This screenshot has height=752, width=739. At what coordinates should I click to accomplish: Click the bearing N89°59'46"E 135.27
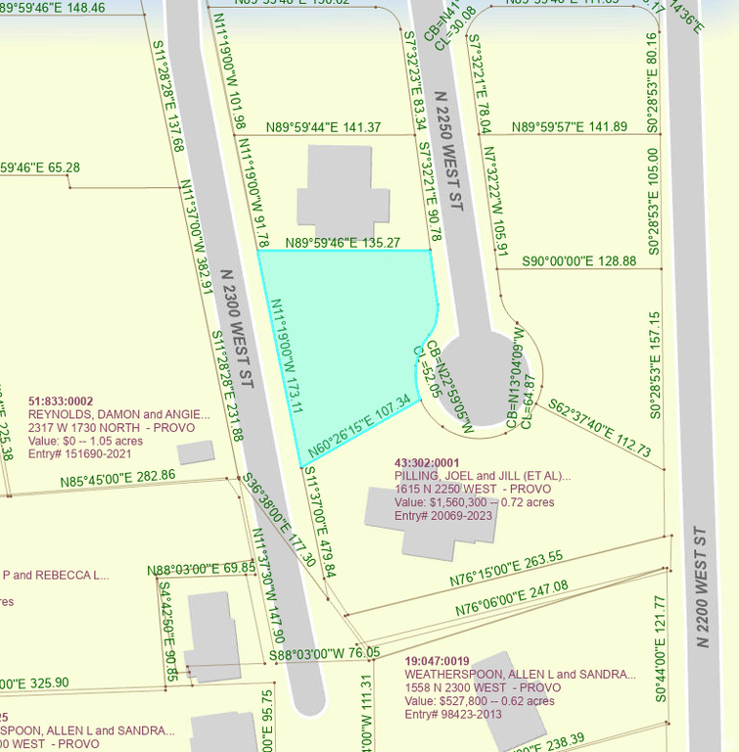[343, 243]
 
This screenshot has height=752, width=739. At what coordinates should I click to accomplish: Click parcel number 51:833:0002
[61, 400]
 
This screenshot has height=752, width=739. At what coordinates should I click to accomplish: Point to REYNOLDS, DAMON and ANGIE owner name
[118, 414]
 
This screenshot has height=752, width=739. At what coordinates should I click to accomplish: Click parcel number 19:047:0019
[438, 660]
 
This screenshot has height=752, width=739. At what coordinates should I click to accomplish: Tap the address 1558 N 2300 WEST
[484, 687]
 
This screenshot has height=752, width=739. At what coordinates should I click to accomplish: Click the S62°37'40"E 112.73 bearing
[600, 428]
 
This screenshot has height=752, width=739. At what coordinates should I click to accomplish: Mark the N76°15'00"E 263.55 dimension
[506, 569]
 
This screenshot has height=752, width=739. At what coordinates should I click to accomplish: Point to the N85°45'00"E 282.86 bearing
[117, 477]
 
